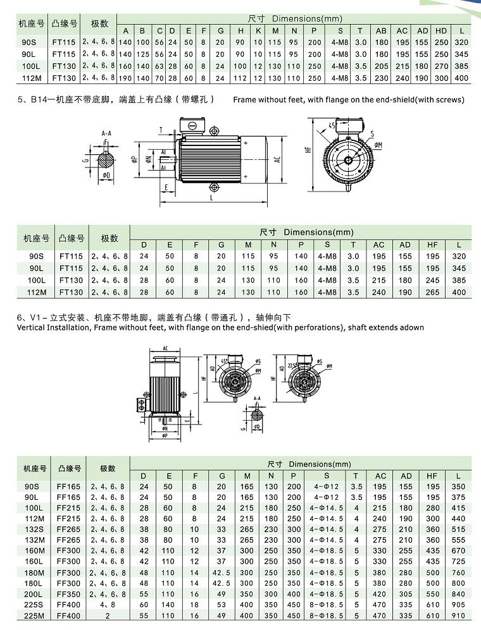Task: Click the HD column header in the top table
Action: (441, 31)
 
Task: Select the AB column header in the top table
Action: (381, 31)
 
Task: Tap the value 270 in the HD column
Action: (441, 66)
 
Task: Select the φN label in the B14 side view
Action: (148, 159)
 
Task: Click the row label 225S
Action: (35, 605)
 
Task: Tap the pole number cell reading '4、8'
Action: (108, 605)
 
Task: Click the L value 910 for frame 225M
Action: (458, 616)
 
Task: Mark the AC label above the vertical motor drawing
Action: (165, 348)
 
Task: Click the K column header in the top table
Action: (259, 31)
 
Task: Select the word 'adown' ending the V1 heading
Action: (411, 327)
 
